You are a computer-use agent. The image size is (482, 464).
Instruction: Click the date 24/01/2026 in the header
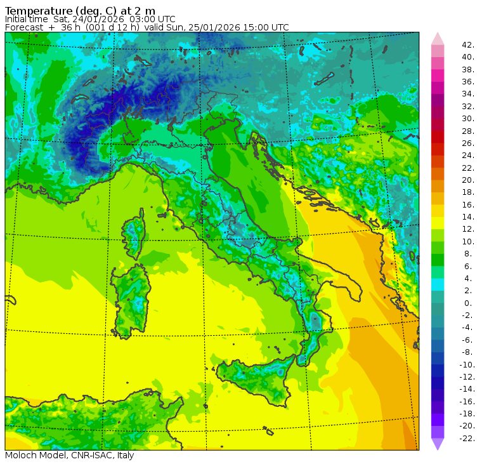coord(111,19)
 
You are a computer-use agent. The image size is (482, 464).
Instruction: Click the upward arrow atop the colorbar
coord(438,37)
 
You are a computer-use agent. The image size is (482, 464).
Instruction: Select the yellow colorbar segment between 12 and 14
coord(438,223)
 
